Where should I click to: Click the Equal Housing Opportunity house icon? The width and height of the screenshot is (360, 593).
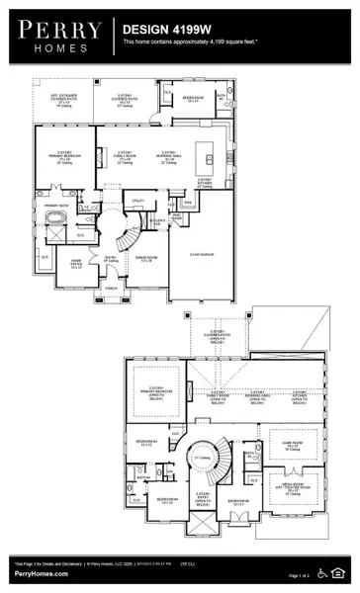[343, 572]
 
